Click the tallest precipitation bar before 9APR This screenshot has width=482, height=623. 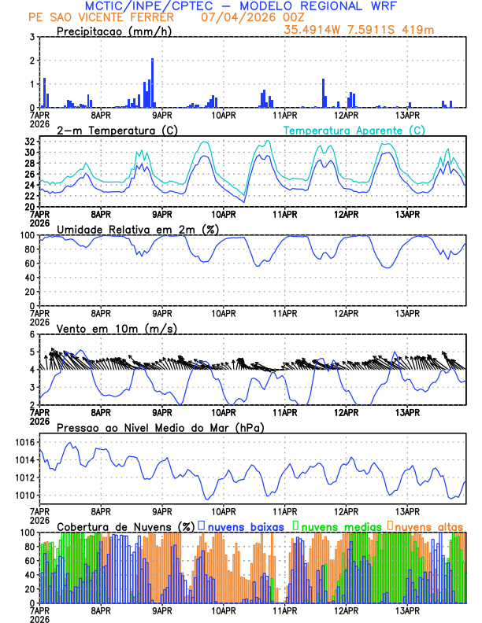point(152,83)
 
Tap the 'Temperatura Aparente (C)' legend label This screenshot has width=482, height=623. point(354,130)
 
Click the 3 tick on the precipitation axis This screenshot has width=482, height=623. point(32,37)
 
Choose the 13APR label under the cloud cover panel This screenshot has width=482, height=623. point(407,610)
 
